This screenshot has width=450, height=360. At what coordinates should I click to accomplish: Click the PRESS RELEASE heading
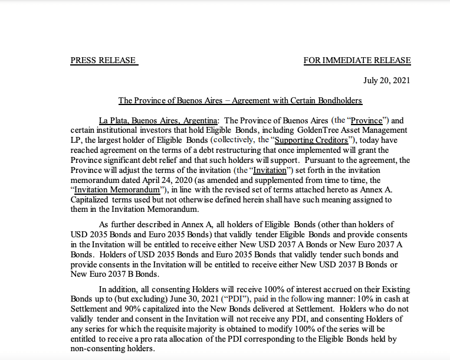click(x=103, y=60)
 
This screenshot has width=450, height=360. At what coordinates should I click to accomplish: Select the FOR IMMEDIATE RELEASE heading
click(x=357, y=60)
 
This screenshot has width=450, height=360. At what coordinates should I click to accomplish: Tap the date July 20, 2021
click(x=386, y=80)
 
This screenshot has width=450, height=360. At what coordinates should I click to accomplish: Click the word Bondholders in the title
click(x=336, y=100)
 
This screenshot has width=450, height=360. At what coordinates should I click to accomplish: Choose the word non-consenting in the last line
click(x=94, y=348)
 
